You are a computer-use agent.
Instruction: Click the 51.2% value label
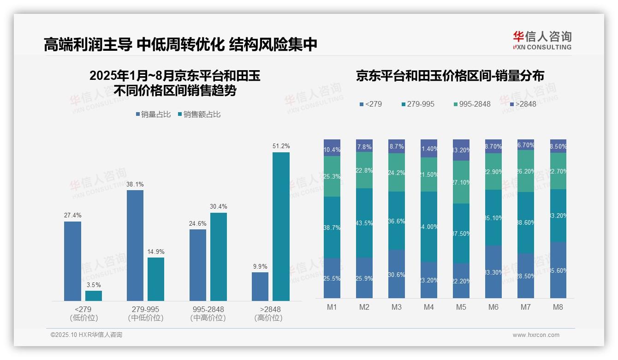tap(281, 146)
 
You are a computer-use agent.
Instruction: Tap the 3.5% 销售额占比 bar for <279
tap(94, 296)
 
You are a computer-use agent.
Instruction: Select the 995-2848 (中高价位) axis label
tap(208, 313)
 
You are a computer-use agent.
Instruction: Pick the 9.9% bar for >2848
tap(260, 287)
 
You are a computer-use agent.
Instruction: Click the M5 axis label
tap(461, 307)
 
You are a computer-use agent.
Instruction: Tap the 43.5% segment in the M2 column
tap(364, 223)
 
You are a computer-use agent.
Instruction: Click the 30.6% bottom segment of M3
tap(397, 274)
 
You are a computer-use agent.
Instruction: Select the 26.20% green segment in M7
tap(526, 171)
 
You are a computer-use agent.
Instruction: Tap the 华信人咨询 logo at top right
tap(542, 40)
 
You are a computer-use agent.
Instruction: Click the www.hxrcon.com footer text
tap(536, 335)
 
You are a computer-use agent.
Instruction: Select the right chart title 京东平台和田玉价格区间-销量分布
tap(450, 76)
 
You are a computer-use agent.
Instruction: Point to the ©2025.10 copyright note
tap(86, 335)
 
